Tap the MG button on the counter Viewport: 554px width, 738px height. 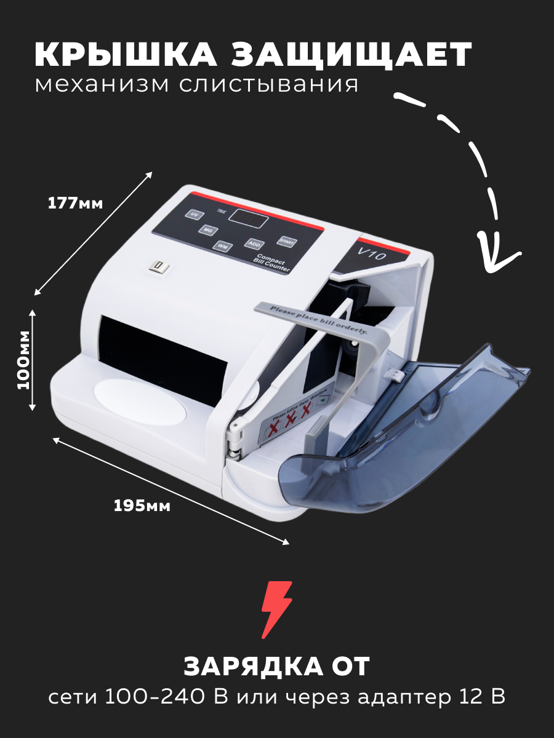208,230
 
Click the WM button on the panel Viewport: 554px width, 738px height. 222,246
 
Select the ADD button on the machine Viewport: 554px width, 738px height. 254,244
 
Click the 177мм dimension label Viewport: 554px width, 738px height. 75,204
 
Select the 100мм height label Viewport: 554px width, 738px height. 24,359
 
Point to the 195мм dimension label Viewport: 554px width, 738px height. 142,506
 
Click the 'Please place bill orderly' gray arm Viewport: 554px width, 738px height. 320,317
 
